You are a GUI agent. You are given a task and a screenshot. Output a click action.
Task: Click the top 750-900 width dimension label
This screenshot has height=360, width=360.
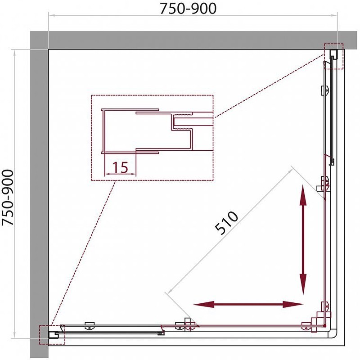(193, 8)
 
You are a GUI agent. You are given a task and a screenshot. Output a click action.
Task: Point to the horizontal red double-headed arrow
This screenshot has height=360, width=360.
(249, 305)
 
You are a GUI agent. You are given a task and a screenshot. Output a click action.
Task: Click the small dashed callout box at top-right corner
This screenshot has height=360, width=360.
(333, 56)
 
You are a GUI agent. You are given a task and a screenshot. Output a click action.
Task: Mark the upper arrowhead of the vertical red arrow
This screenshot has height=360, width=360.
(303, 193)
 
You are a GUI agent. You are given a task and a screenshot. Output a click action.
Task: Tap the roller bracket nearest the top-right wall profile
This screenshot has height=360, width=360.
(324, 90)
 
